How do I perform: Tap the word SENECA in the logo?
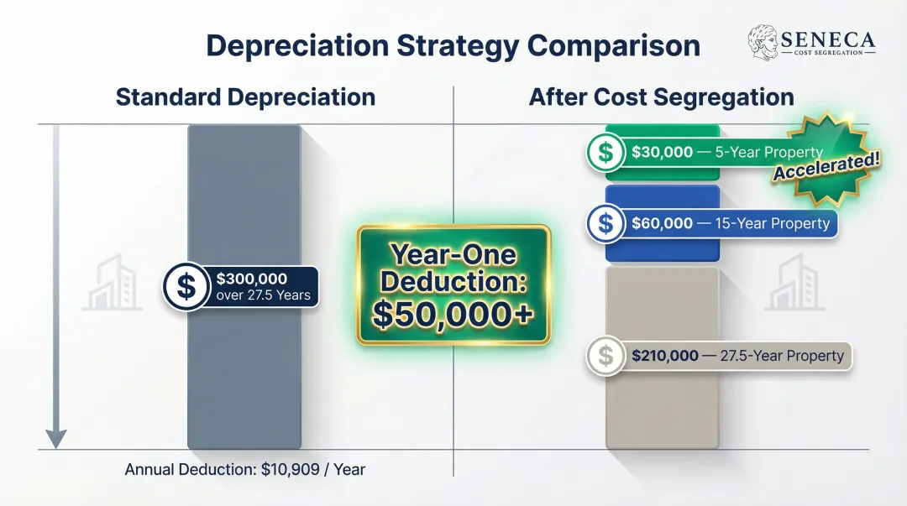pyautogui.click(x=828, y=39)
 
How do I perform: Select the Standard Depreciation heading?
pyautogui.click(x=245, y=97)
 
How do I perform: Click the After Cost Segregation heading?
pyautogui.click(x=661, y=97)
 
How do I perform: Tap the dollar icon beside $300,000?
pyautogui.click(x=186, y=287)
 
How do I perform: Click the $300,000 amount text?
pyautogui.click(x=251, y=279)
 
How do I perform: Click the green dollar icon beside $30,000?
pyautogui.click(x=606, y=153)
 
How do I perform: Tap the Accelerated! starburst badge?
pyautogui.click(x=827, y=159)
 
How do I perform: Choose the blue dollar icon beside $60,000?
pyautogui.click(x=606, y=223)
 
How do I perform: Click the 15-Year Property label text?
pyautogui.click(x=772, y=223)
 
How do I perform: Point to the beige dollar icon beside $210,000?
pyautogui.click(x=606, y=356)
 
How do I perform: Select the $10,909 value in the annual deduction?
pyautogui.click(x=289, y=470)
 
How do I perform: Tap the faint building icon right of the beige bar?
pyautogui.click(x=794, y=284)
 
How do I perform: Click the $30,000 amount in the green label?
pyautogui.click(x=662, y=153)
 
